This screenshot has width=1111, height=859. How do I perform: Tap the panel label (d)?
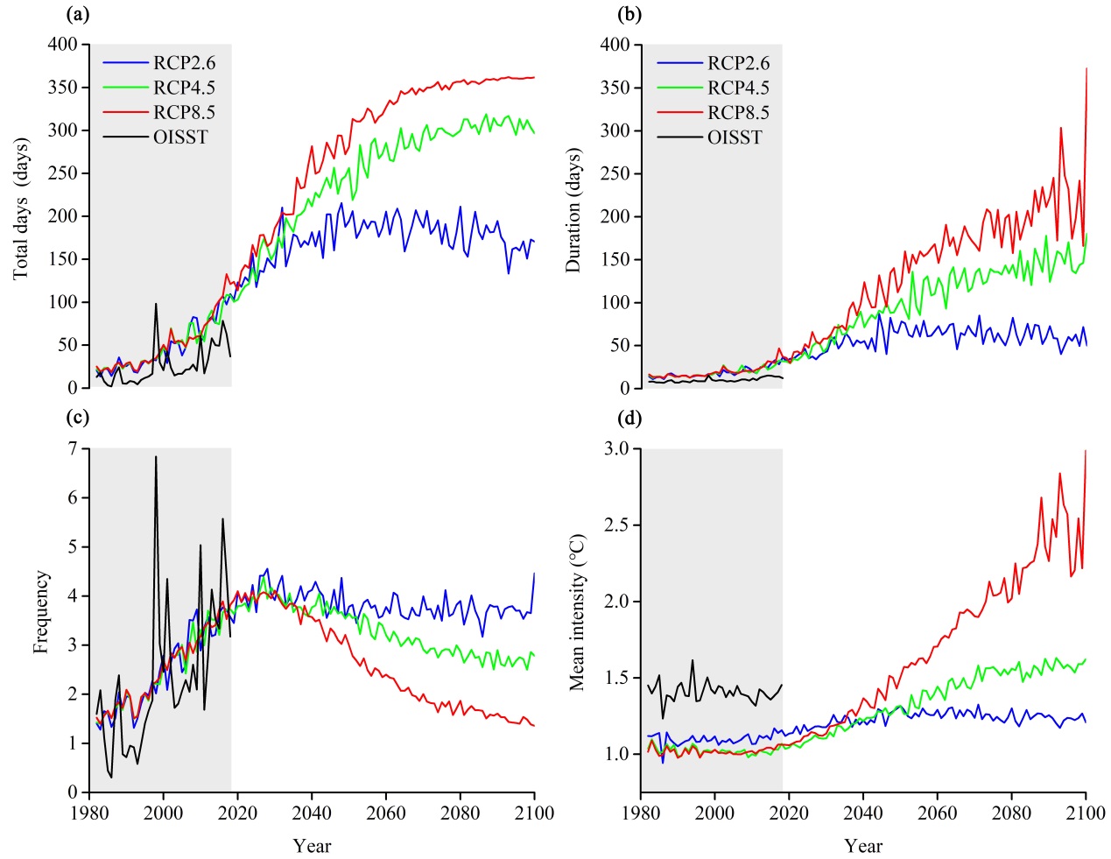pyautogui.click(x=629, y=419)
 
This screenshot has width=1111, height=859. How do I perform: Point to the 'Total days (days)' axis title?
pyautogui.click(x=21, y=208)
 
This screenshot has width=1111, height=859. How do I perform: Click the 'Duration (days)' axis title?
pyautogui.click(x=573, y=213)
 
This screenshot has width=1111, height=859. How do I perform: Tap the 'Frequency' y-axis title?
pyautogui.click(x=41, y=612)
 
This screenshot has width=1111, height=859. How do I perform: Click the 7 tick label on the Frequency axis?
pyautogui.click(x=73, y=448)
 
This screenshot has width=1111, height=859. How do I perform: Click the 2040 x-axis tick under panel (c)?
pyautogui.click(x=313, y=813)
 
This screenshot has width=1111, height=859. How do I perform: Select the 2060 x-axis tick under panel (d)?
pyautogui.click(x=939, y=813)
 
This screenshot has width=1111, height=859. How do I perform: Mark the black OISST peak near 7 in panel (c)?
pyautogui.click(x=156, y=456)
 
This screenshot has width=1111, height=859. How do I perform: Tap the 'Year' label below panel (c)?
pyautogui.click(x=313, y=846)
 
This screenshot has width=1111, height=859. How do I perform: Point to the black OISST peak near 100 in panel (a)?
pyautogui.click(x=156, y=304)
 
